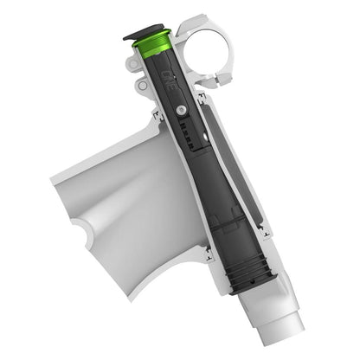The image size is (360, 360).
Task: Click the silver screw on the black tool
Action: (179, 110)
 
